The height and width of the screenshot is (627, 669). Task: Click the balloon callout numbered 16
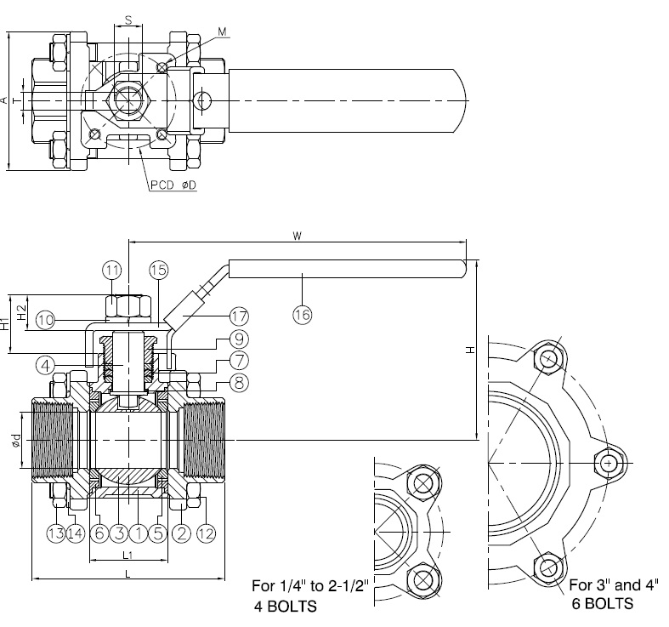click(302, 315)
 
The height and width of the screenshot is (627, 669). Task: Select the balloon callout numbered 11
click(112, 270)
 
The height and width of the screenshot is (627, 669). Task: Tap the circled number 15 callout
click(159, 270)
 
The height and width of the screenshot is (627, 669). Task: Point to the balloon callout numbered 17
click(239, 316)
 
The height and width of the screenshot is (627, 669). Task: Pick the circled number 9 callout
click(239, 339)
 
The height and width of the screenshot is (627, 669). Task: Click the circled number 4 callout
click(46, 365)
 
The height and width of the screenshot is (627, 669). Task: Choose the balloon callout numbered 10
click(45, 320)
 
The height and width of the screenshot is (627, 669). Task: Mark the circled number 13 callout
click(56, 533)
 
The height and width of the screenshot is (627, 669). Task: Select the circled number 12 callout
click(206, 533)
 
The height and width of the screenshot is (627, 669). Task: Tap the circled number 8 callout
click(239, 382)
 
